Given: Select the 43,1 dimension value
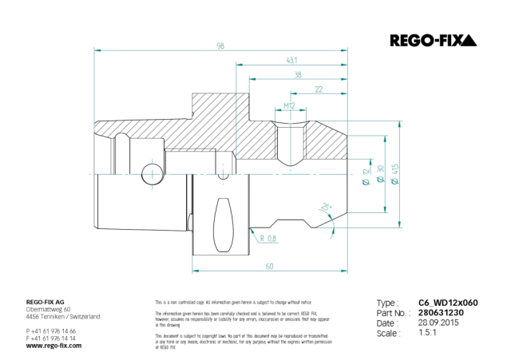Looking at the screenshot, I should pos(292,61).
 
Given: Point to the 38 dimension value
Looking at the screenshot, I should pos(297,75).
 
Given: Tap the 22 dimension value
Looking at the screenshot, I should pos(319,89).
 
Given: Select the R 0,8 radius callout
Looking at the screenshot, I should pos(267,238).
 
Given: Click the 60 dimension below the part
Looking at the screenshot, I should pos(269,266).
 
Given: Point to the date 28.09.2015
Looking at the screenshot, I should pos(439,323).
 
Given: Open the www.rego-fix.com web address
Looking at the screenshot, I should pos(53,345).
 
